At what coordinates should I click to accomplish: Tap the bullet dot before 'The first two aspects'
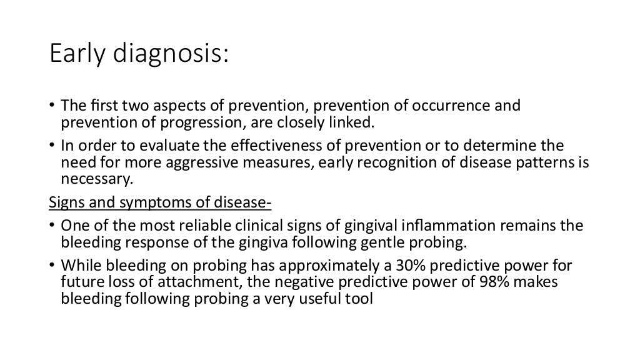coord(53,105)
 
